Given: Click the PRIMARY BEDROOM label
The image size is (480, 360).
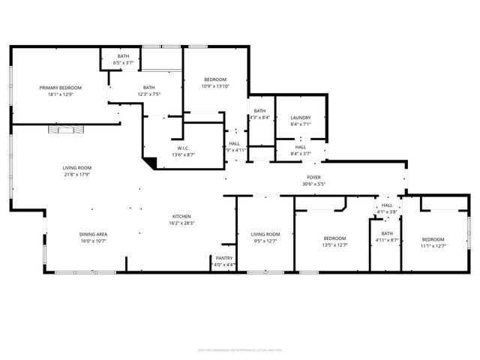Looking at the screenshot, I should pyautogui.click(x=60, y=88).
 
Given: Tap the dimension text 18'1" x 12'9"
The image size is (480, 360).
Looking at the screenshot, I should pyautogui.click(x=60, y=94).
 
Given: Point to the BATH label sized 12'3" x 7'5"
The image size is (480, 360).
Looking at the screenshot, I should pyautogui.click(x=149, y=88).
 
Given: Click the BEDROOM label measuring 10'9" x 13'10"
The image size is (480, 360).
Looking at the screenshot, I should pyautogui.click(x=215, y=79).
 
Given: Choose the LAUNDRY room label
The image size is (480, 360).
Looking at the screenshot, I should pyautogui.click(x=300, y=118).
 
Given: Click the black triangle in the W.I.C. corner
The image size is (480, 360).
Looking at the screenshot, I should pyautogui.click(x=151, y=161).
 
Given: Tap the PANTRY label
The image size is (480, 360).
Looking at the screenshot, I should pyautogui.click(x=224, y=258).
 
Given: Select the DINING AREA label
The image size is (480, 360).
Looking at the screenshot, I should pyautogui.click(x=94, y=235).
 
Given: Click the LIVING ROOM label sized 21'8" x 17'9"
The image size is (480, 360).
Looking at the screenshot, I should pyautogui.click(x=76, y=168).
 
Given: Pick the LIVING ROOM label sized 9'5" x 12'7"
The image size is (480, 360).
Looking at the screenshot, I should pyautogui.click(x=265, y=235).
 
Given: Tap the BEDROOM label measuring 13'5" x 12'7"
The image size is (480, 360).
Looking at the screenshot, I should pyautogui.click(x=334, y=238).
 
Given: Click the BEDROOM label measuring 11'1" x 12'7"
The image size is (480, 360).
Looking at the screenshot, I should pyautogui.click(x=433, y=238).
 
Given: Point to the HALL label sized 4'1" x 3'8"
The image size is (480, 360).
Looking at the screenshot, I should pyautogui.click(x=387, y=205).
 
